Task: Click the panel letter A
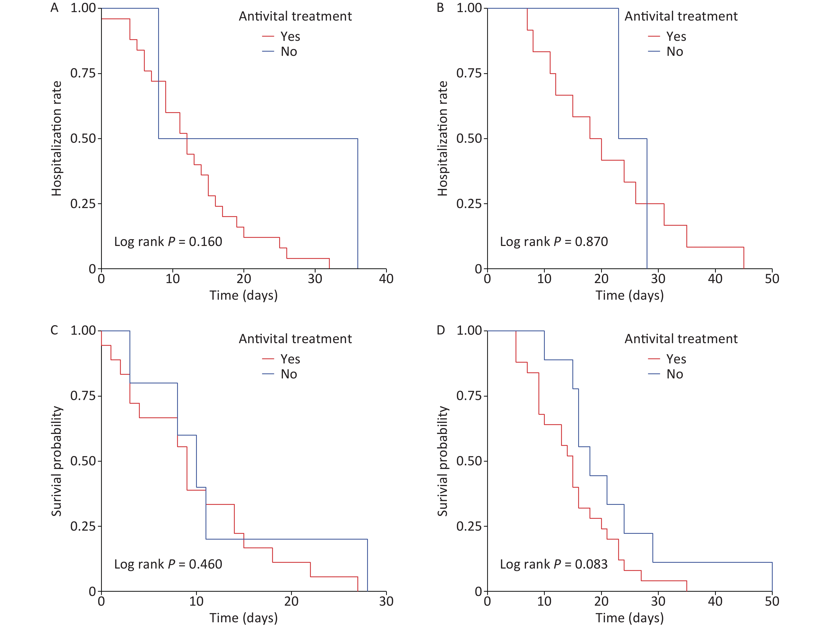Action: click(55, 8)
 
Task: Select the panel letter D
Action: click(441, 330)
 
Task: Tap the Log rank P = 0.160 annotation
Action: click(168, 241)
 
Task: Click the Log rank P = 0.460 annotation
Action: click(168, 564)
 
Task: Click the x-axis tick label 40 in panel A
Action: click(386, 279)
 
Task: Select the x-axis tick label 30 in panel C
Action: click(386, 601)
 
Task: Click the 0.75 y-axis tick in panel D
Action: click(468, 396)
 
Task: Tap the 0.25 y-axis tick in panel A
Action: click(83, 204)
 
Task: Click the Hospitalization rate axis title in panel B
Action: click(443, 138)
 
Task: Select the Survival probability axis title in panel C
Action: click(57, 461)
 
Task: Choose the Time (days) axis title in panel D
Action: click(630, 618)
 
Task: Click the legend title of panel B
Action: click(681, 16)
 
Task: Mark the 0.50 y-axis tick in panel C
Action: click(83, 461)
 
